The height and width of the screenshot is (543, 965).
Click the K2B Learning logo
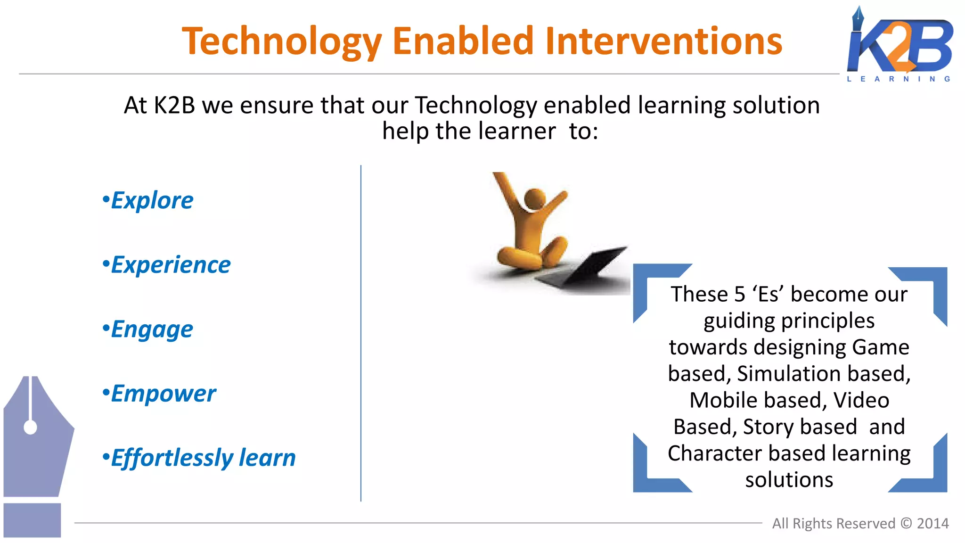[x=900, y=45]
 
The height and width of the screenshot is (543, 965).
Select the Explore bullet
[x=148, y=201]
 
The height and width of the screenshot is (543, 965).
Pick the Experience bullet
[x=167, y=265]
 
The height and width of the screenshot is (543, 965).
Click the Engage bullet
[x=148, y=329]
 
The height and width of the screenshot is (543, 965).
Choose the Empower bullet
[x=159, y=394]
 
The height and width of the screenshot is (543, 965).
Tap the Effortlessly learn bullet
[x=199, y=458]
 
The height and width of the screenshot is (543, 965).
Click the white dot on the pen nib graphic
[x=30, y=428]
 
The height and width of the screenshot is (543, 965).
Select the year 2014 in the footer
[x=932, y=524]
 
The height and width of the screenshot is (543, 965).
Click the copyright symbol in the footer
[x=906, y=524]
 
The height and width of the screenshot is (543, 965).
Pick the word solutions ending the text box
[x=789, y=480]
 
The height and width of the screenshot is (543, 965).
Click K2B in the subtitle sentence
[x=174, y=106]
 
